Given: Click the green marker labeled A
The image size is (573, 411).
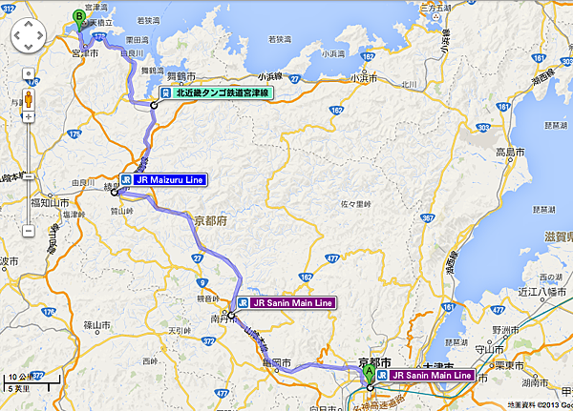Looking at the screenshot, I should click(370, 374).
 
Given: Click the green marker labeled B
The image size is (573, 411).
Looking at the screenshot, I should click(79, 16).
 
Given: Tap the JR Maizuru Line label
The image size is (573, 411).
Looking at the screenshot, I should click(161, 177).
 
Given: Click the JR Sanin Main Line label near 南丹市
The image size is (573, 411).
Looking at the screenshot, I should click(286, 302).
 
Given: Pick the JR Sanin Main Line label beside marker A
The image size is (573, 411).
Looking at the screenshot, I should click(425, 376).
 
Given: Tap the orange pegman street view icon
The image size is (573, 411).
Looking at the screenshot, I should click(28, 100).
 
